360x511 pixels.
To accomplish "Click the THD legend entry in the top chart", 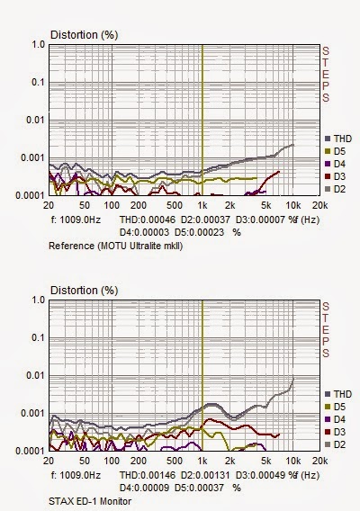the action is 338,139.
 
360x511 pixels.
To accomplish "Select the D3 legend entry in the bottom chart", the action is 335,432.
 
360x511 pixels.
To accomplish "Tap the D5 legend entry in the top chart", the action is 335,151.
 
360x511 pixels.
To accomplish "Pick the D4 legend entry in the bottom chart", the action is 335,419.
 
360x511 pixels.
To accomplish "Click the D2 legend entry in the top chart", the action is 335,189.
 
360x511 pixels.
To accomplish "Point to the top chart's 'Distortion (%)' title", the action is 84,35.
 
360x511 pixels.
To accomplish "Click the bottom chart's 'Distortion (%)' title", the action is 84,291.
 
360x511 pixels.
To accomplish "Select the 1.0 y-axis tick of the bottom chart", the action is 38,300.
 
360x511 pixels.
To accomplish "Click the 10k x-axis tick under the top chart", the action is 293,206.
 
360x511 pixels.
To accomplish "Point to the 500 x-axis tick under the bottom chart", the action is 175,462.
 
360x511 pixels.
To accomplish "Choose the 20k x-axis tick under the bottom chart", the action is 319,462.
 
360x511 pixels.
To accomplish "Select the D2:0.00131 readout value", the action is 205,475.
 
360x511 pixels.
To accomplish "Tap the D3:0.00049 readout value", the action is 260,475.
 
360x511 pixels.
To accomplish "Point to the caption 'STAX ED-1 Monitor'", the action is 90,501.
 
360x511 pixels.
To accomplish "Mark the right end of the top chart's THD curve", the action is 293,145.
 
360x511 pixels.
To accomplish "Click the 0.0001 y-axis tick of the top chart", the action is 31,195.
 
